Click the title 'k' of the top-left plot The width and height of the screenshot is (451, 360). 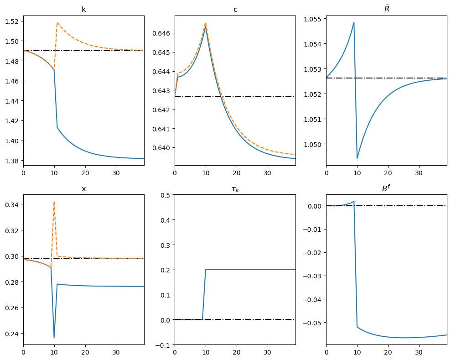pos(83,9)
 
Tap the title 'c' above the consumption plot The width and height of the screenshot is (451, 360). pos(235,9)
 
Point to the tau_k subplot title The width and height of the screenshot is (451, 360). pos(235,189)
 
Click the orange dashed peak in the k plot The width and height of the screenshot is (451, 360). pos(57,22)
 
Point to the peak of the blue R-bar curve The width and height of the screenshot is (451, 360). pos(354,22)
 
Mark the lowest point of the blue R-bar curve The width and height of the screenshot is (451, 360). pos(357,158)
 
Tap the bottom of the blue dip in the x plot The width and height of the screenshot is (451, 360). pos(54,338)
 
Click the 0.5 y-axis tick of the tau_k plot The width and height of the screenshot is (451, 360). pos(166,195)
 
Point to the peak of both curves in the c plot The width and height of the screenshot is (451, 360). pos(206,24)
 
